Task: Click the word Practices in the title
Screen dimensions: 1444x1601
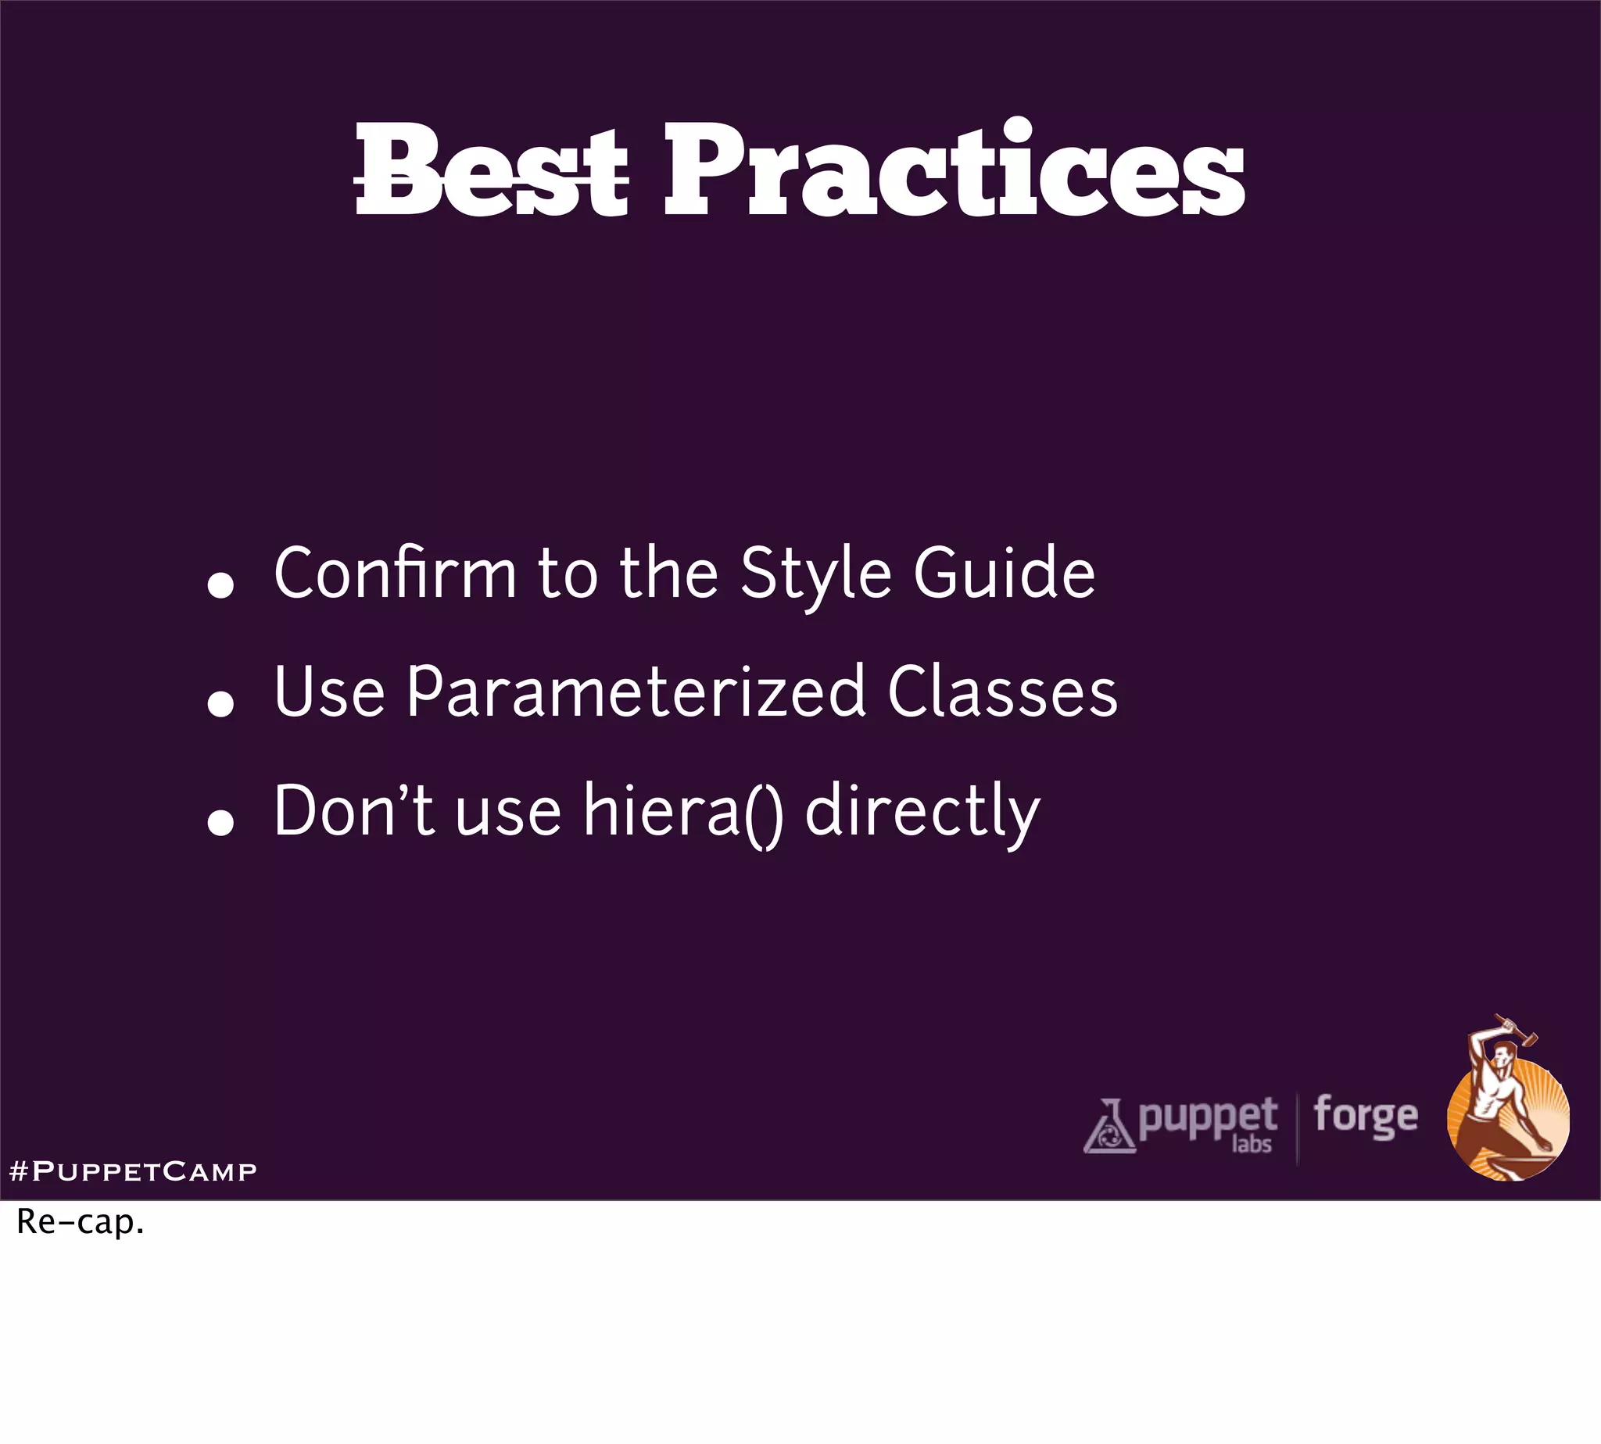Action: coord(953,169)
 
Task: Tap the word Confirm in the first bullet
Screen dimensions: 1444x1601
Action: coord(395,573)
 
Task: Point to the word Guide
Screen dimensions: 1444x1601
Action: coord(1004,573)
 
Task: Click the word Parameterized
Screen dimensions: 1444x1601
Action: coord(636,692)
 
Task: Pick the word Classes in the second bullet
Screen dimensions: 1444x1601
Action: coord(1001,692)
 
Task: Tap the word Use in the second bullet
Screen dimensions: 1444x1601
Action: coord(329,692)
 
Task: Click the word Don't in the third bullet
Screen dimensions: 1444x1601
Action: coord(354,810)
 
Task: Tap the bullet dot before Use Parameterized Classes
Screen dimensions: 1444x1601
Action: coord(220,704)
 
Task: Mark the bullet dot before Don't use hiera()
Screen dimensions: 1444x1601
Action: coord(220,823)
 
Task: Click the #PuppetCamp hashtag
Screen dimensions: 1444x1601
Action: coord(133,1171)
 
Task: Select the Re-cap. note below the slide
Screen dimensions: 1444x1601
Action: coord(81,1223)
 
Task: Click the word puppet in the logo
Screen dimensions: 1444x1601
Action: coord(1207,1117)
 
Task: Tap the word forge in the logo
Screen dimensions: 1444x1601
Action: coord(1365,1116)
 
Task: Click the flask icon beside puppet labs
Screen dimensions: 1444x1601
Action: coord(1109,1127)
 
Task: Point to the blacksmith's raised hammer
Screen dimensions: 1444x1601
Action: coord(1518,1031)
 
